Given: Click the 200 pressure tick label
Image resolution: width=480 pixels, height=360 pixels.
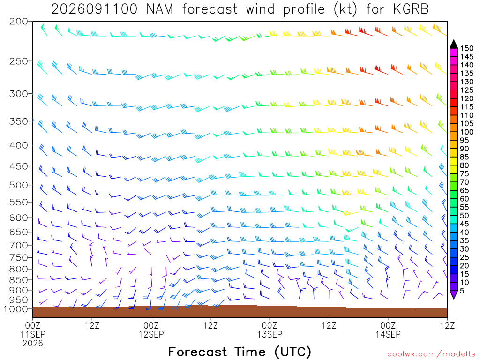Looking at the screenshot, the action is (18, 22).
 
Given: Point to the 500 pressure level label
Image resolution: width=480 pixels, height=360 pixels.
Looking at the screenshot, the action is (18, 185).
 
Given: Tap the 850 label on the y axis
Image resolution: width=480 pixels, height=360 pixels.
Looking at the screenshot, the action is (18, 280).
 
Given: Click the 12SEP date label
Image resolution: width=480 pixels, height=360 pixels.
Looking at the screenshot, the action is (151, 334).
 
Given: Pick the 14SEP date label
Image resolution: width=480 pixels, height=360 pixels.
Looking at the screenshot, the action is (388, 334).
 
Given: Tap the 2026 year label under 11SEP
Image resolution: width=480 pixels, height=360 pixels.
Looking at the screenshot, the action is (33, 344).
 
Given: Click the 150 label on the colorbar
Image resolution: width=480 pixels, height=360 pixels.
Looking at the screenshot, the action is (467, 48).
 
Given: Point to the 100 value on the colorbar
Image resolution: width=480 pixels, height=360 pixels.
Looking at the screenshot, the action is (467, 132).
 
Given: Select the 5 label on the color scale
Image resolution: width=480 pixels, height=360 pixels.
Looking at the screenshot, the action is (462, 291).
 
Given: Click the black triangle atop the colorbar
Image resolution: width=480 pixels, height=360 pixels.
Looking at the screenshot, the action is (454, 44).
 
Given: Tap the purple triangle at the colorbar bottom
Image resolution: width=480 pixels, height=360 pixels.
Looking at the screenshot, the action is (454, 295).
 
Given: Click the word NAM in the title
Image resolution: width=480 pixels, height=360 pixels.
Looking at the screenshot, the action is (159, 9).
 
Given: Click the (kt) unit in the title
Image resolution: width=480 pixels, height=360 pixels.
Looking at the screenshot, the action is (345, 9).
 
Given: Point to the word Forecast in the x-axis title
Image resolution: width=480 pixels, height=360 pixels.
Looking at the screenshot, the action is (197, 352).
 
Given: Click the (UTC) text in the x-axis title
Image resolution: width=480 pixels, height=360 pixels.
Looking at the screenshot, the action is (293, 352).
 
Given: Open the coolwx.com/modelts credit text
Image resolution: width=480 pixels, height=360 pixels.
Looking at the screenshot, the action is (431, 354).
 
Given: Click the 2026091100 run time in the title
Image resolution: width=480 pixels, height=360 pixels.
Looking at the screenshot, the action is (94, 9).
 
